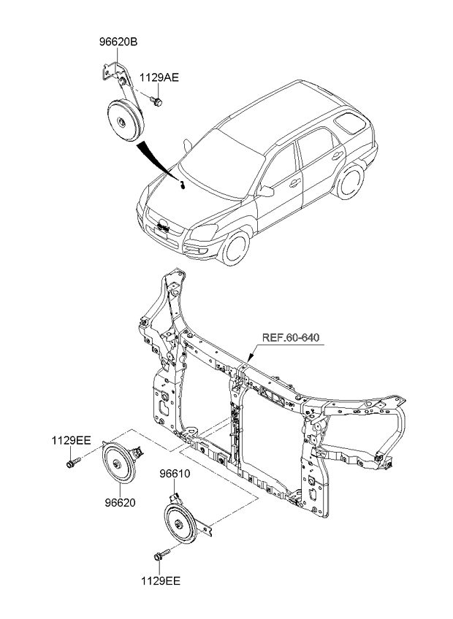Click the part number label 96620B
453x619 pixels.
[x=118, y=43]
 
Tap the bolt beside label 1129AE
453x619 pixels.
[x=156, y=100]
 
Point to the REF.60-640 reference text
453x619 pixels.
[x=290, y=337]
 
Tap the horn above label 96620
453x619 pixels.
[x=118, y=463]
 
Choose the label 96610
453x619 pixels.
[x=175, y=474]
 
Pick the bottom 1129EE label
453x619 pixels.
[x=161, y=582]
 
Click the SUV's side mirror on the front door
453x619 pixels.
[x=267, y=191]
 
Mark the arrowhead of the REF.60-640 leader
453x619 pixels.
[x=248, y=360]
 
